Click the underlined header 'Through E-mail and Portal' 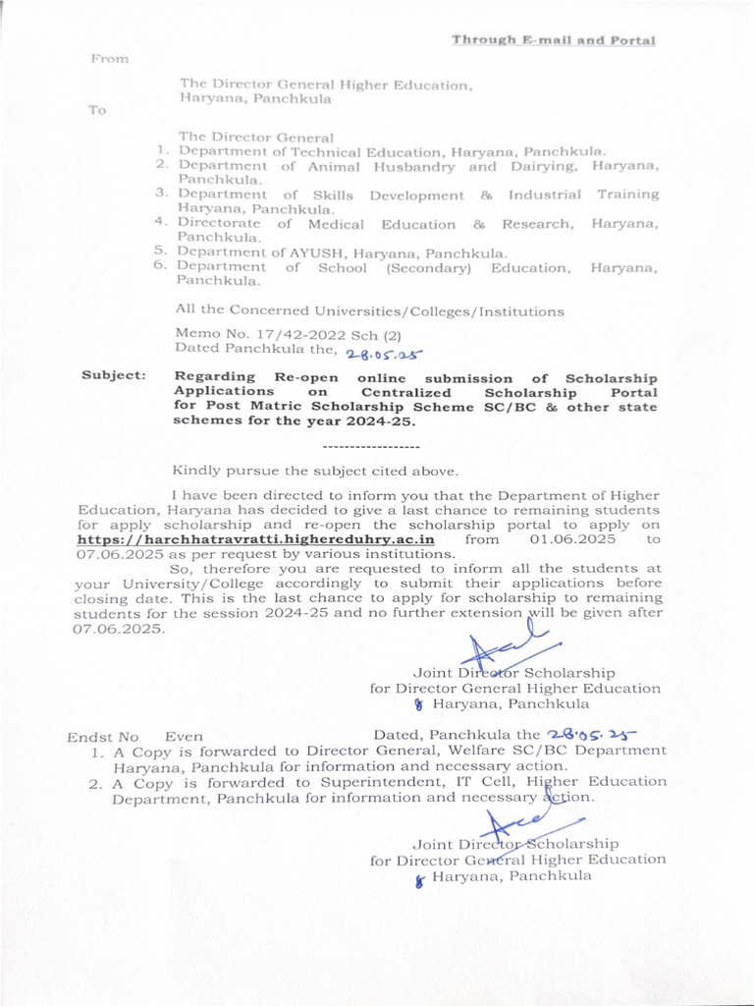click(553, 40)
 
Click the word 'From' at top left click(110, 59)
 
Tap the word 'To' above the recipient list click(97, 110)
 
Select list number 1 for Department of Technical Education click(163, 151)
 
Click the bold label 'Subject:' click(114, 375)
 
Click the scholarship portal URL click(255, 539)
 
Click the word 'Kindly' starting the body click(195, 471)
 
